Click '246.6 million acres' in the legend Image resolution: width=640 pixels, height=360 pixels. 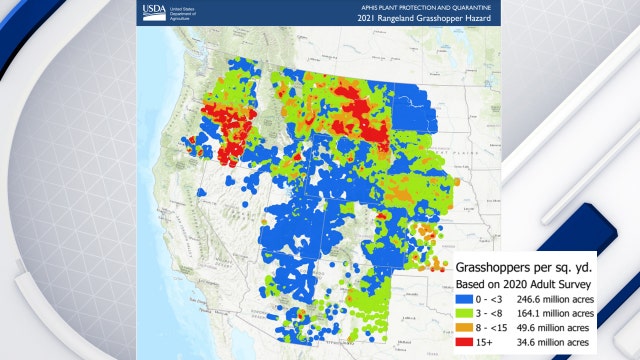click(x=550, y=299)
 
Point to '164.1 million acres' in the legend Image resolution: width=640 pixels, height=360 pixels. click(x=550, y=313)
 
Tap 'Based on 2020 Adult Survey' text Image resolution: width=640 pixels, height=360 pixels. click(x=523, y=284)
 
